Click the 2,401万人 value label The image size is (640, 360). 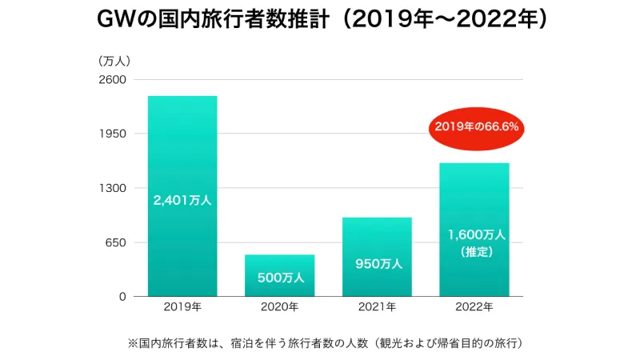182,201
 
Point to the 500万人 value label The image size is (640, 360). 280,278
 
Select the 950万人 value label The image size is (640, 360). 377,263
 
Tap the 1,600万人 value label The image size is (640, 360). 475,235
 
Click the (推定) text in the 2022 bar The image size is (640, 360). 475,252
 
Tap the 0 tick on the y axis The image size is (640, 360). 122,297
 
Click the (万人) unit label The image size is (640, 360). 114,61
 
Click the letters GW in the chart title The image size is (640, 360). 114,21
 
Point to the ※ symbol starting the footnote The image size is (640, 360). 133,343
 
